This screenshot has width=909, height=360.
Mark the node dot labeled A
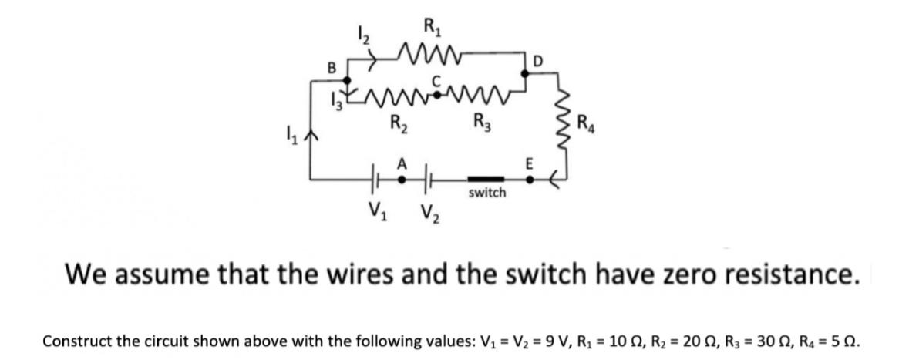point(402,178)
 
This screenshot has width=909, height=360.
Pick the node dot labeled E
point(529,178)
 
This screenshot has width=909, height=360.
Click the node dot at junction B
point(347,79)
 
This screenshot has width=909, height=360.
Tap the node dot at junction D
point(527,72)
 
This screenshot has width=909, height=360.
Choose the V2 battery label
point(429,210)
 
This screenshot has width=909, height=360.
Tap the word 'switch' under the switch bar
point(486,193)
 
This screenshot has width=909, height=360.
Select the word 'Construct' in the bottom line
point(76,340)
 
